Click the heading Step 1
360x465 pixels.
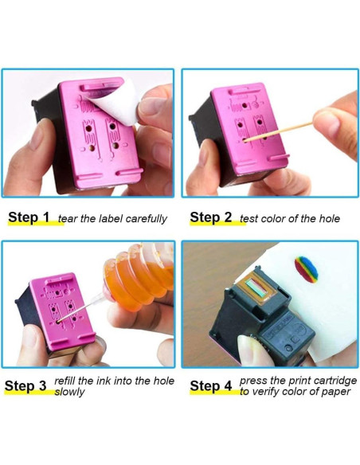point(29,217)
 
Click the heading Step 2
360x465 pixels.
point(210,217)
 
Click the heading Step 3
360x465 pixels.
point(25,386)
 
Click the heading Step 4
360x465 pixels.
point(211,386)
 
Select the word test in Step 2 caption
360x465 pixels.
point(248,219)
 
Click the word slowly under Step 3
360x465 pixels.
point(69,392)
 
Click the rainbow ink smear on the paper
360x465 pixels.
point(307,269)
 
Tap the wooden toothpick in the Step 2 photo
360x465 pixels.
point(278,131)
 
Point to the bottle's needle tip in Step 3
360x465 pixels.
point(59,321)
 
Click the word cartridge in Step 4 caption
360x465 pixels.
point(335,381)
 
